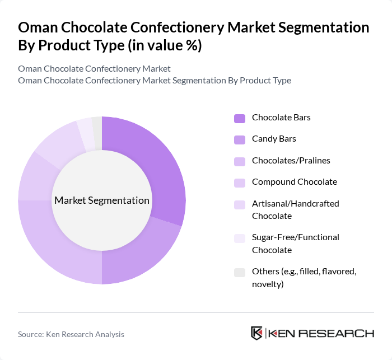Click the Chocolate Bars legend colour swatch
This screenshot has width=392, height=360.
(240, 118)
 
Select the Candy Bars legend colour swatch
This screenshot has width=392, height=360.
(240, 139)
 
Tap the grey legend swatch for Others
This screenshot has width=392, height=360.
(240, 272)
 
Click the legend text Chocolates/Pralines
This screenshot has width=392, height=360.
(291, 161)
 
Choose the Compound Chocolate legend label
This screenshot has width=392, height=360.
(294, 182)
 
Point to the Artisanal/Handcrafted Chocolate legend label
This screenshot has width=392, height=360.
(295, 209)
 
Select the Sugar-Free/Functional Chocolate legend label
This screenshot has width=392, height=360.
(295, 244)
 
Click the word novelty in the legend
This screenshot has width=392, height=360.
(268, 284)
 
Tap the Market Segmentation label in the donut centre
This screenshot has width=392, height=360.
(102, 200)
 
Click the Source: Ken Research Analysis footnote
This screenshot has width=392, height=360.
(71, 334)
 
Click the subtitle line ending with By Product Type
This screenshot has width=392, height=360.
(155, 80)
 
